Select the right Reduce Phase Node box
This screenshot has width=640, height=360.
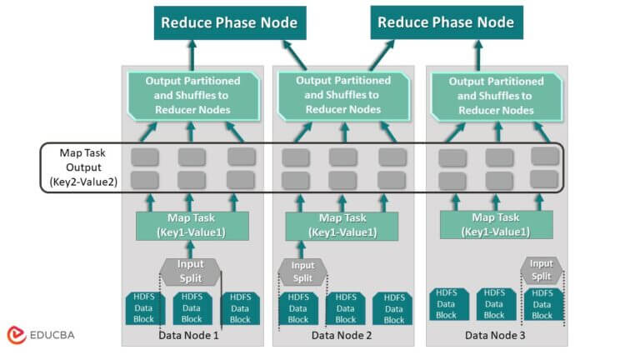pos(445,22)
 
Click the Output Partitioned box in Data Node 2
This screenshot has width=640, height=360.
pos(342,95)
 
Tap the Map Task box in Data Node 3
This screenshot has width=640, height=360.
pos(492,225)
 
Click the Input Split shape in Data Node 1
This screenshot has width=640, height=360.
pos(189,271)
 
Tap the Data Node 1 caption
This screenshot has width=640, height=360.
pos(189,335)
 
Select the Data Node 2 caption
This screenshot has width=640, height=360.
pos(342,335)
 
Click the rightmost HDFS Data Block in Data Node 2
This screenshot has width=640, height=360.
pos(393,307)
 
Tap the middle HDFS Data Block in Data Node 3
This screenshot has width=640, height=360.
pos(494,304)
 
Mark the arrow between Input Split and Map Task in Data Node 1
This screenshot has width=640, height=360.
pos(189,249)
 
